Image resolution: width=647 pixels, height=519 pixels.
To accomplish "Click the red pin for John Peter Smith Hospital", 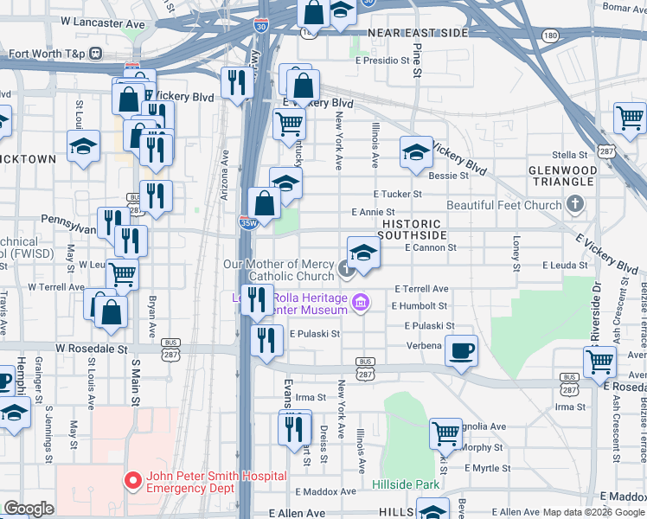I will (132, 479).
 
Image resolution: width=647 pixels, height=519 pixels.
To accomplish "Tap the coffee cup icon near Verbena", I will (460, 349).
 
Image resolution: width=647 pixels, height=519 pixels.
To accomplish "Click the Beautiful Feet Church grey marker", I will (574, 205).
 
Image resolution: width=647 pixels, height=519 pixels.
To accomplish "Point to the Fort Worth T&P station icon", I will (95, 54).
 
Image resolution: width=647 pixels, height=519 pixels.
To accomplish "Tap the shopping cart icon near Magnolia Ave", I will (446, 432).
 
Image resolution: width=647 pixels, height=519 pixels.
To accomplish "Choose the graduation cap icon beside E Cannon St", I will (363, 251).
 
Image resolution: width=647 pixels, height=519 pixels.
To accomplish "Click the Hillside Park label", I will (407, 484).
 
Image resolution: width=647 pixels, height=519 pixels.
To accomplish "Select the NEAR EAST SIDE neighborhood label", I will (418, 33).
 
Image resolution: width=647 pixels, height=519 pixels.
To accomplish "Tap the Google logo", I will (29, 509).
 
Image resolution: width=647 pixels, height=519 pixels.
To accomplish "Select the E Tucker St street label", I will (397, 195).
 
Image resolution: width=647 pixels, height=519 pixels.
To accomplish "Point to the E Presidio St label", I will (381, 61).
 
